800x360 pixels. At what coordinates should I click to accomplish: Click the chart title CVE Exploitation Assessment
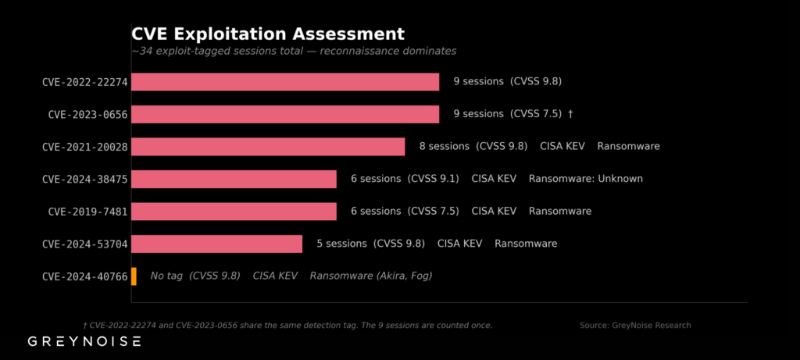(x=268, y=34)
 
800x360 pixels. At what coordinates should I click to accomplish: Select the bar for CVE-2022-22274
(x=285, y=82)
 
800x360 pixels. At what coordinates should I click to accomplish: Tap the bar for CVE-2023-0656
(x=285, y=114)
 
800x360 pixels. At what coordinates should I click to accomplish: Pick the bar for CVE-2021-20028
(x=268, y=147)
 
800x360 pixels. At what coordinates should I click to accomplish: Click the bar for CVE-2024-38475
(x=234, y=179)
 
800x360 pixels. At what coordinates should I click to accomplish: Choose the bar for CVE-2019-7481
(x=234, y=212)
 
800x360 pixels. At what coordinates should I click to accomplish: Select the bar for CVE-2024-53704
(x=216, y=244)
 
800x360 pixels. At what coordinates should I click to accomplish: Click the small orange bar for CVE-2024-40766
(x=134, y=276)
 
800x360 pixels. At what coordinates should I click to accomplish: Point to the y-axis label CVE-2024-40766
(x=85, y=276)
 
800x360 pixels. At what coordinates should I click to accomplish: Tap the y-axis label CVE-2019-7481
(x=87, y=212)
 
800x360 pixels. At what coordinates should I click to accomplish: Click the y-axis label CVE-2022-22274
(x=85, y=82)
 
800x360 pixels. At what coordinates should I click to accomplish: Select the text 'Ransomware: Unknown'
(x=585, y=179)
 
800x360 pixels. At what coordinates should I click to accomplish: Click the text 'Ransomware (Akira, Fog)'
(x=371, y=276)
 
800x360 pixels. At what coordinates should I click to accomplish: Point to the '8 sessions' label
(x=444, y=146)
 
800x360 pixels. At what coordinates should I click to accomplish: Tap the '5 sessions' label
(x=341, y=244)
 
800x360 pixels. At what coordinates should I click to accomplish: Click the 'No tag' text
(x=166, y=276)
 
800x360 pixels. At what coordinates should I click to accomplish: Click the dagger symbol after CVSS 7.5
(x=570, y=114)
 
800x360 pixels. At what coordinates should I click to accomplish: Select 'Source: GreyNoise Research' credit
(x=635, y=325)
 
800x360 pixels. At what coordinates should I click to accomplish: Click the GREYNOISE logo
(x=84, y=341)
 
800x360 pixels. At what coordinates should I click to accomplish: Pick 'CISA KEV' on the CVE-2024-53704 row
(x=459, y=244)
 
